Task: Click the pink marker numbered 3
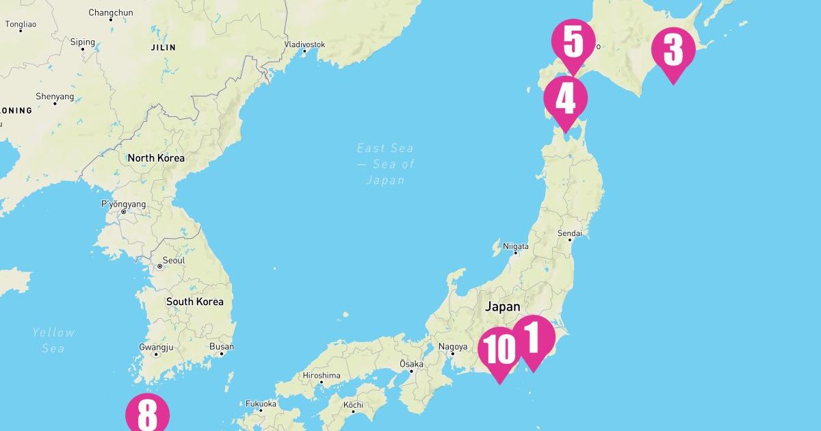click(x=673, y=51)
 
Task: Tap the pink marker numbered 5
click(x=573, y=42)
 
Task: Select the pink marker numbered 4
click(x=565, y=100)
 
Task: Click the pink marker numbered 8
click(x=146, y=413)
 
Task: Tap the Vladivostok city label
click(x=304, y=44)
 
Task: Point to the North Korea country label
click(x=156, y=158)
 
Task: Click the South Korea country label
click(x=194, y=301)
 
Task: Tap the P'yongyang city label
click(x=124, y=204)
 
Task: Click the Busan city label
click(x=222, y=347)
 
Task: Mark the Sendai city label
click(x=569, y=233)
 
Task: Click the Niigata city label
click(x=516, y=246)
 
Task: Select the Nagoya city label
click(x=453, y=347)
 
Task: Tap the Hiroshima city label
click(x=321, y=375)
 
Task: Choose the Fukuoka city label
click(x=261, y=404)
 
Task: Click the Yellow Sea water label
click(x=53, y=340)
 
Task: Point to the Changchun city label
click(x=110, y=12)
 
